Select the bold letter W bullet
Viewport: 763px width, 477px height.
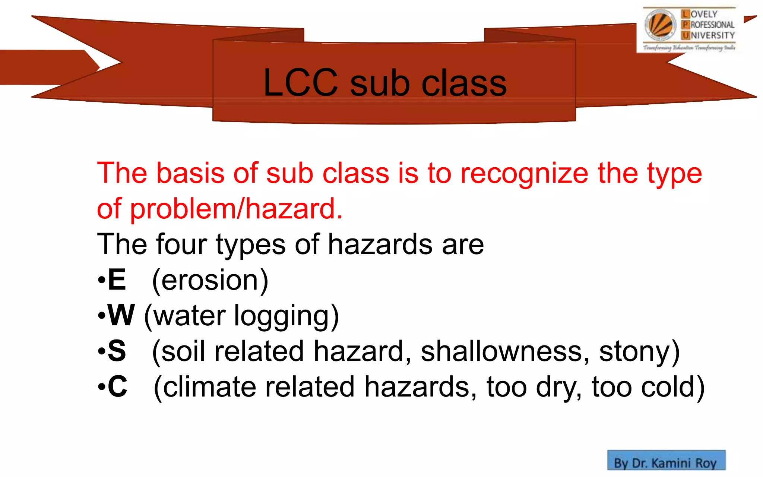point(121,315)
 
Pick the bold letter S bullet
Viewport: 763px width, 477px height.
point(117,351)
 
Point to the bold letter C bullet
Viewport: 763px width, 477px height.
point(117,386)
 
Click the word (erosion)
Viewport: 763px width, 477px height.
point(210,280)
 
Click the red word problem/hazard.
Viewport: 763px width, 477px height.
point(236,209)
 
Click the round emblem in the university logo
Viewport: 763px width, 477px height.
point(661,25)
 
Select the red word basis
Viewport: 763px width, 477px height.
point(190,173)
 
